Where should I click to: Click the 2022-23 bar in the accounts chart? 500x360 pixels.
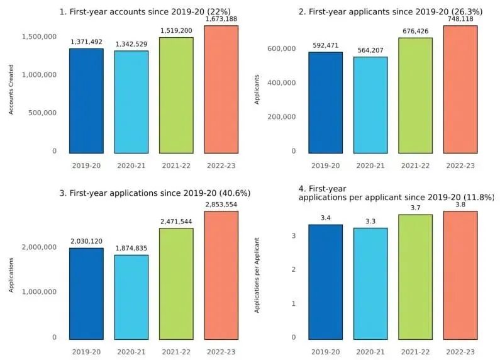[x=221, y=89]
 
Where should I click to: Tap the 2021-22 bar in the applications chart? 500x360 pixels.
[x=176, y=283]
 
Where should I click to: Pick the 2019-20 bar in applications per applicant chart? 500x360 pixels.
[x=326, y=281]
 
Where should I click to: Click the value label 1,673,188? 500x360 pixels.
[x=221, y=19]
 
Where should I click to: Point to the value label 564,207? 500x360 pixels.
[x=370, y=50]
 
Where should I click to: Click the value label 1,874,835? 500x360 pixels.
[x=131, y=249]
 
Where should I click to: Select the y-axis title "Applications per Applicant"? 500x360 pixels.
[x=257, y=275]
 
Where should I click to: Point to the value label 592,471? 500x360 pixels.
[x=326, y=45]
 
